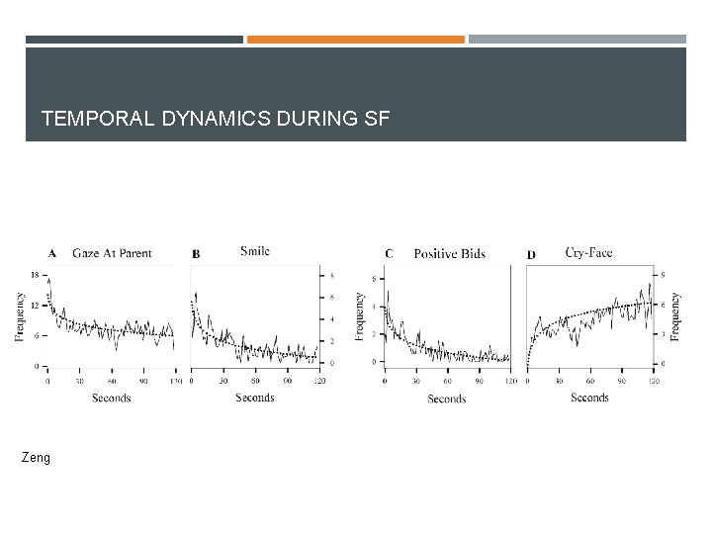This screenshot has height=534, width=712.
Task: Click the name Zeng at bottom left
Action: (36, 458)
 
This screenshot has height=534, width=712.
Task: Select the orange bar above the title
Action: (355, 40)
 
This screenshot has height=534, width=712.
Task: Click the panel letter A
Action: (51, 253)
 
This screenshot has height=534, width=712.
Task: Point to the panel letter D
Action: (531, 254)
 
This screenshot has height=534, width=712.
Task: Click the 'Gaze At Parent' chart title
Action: (112, 253)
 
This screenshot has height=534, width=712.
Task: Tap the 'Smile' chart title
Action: (254, 251)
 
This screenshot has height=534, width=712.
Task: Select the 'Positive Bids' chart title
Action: (449, 253)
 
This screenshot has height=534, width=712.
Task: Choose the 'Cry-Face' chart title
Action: (588, 252)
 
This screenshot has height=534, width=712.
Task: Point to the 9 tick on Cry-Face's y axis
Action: (663, 274)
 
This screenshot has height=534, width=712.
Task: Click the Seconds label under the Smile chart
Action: (255, 398)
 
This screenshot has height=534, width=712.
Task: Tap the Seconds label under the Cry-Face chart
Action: (589, 398)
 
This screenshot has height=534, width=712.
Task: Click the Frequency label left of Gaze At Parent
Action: (20, 316)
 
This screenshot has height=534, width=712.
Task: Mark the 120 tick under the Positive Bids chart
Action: (510, 381)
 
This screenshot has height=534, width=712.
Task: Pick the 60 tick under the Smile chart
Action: (256, 381)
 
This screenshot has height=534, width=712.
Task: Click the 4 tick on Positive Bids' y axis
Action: (374, 307)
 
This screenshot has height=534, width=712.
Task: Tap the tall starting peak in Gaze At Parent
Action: (48, 281)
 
